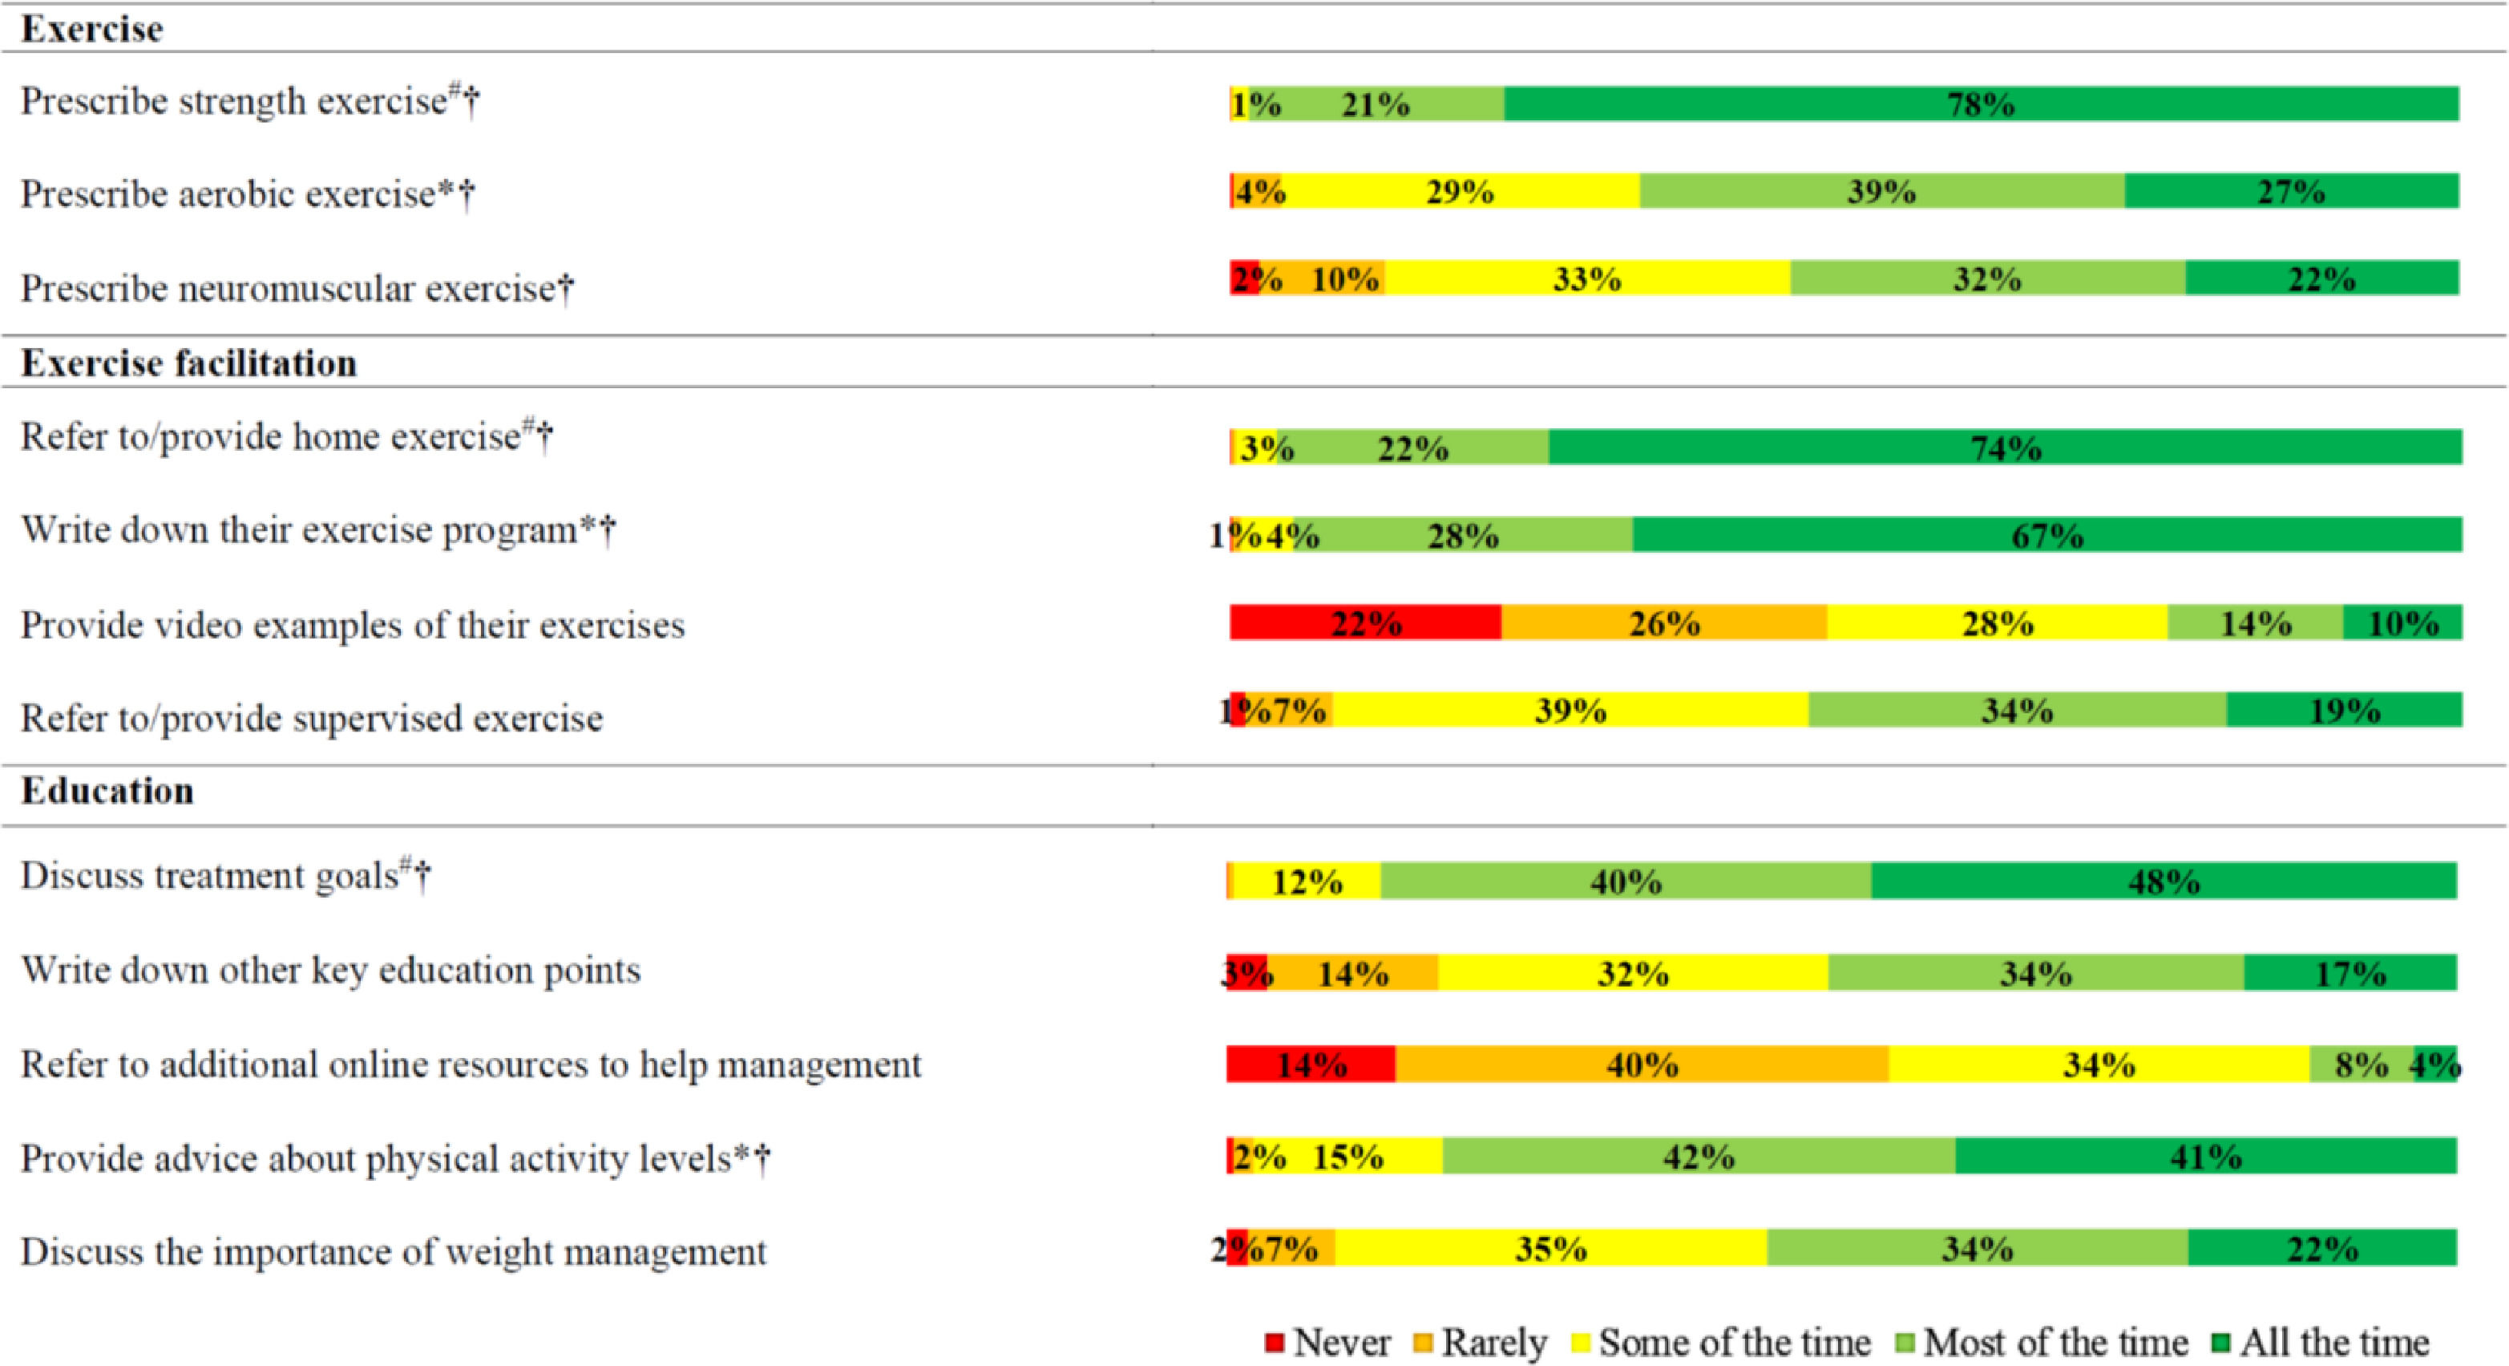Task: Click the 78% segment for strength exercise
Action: point(1981,104)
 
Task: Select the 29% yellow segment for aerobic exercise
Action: point(1460,191)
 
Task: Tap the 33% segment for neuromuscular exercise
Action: point(1586,278)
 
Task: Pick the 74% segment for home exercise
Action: point(2006,448)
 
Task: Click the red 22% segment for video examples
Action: point(1366,622)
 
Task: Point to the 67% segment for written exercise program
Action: point(2047,535)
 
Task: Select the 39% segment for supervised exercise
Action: point(1570,711)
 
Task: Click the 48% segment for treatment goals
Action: point(2164,881)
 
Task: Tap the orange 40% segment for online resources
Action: point(1642,1064)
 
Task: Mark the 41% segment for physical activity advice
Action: point(2205,1157)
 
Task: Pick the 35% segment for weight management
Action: point(1550,1248)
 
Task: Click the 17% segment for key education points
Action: point(2350,972)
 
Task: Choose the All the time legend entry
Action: point(2322,1343)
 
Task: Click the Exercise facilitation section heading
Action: point(189,363)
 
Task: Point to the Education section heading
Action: point(107,790)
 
